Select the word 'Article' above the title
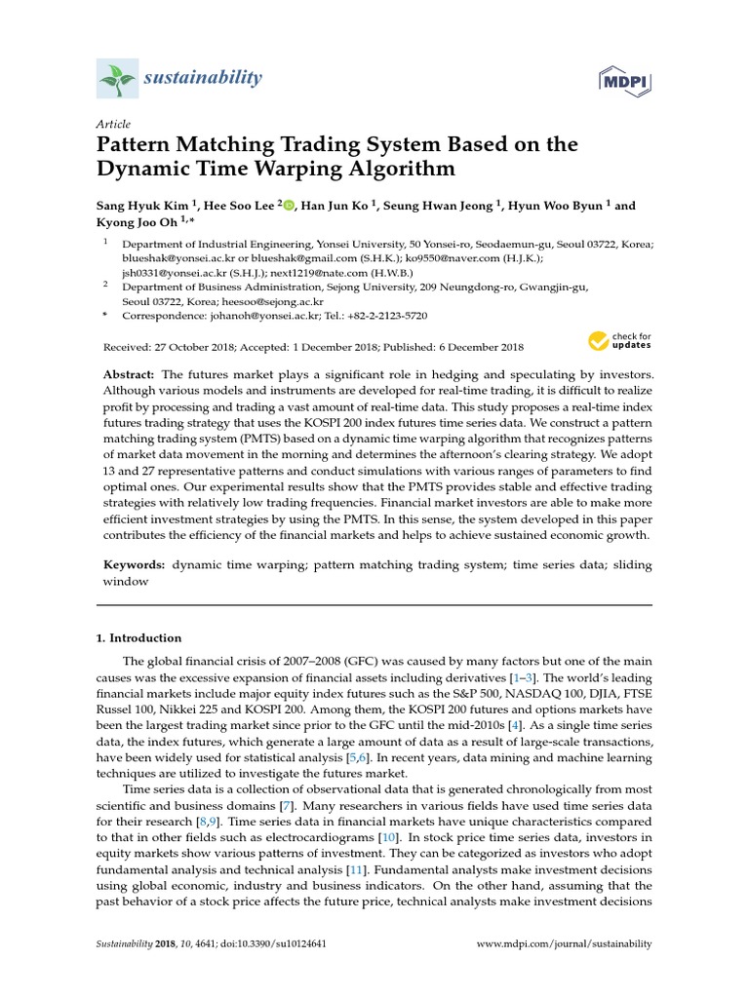tap(113, 124)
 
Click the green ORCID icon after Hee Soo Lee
tap(289, 206)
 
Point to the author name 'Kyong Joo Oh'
tap(138, 223)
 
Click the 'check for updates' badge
tap(619, 341)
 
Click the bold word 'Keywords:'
tap(135, 564)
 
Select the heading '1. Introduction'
tap(138, 638)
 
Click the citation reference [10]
tap(389, 837)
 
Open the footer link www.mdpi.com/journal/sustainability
tap(563, 944)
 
